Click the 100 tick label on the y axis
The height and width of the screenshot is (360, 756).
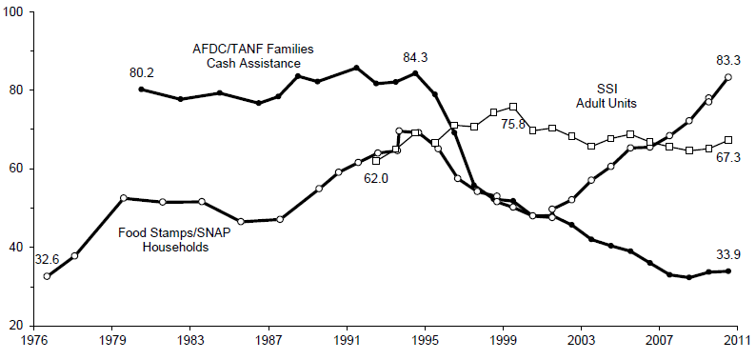click(x=15, y=12)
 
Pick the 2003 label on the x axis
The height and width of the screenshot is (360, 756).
click(x=581, y=340)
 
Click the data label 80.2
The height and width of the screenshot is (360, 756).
click(x=143, y=71)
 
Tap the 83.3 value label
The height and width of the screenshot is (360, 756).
click(x=728, y=60)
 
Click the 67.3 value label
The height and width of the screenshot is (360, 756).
click(x=728, y=157)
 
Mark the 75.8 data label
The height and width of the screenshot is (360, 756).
click(x=515, y=123)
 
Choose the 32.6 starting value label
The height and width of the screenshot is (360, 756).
click(x=46, y=258)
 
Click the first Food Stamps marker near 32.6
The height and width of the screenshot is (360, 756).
click(x=48, y=275)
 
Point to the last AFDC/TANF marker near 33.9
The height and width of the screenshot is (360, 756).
click(x=728, y=271)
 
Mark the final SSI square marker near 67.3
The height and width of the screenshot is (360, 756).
click(x=728, y=140)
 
